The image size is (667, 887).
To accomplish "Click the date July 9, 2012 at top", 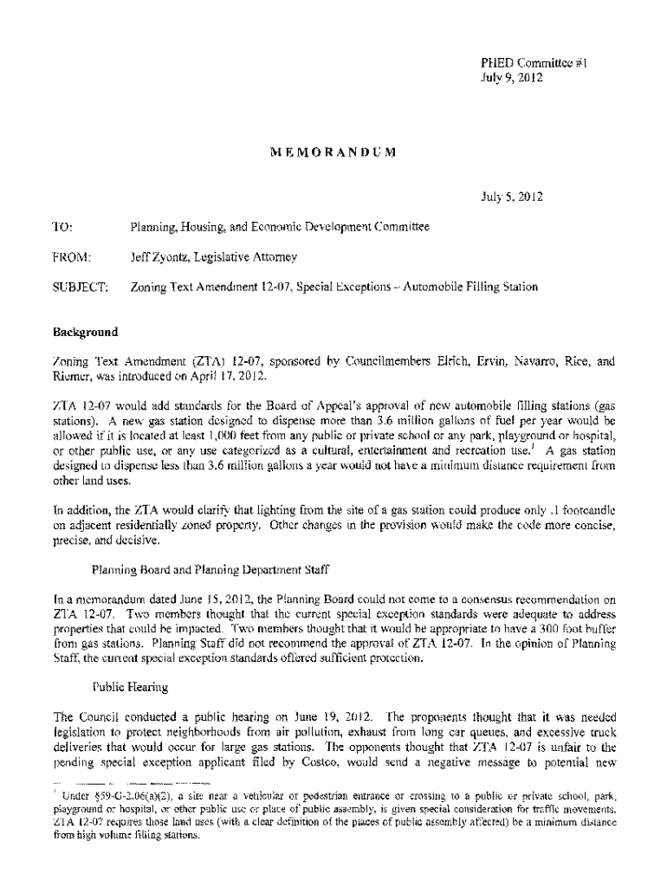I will tap(511, 77).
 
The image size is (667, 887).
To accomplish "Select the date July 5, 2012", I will tap(511, 197).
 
